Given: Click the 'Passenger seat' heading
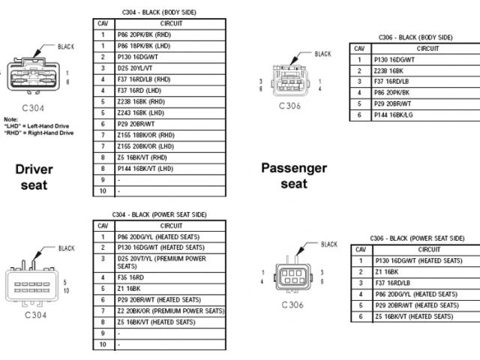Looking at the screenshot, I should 293,175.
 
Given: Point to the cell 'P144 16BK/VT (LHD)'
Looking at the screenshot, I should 146,169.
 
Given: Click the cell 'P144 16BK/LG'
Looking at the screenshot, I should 394,115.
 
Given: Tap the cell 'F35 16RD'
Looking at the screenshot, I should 132,277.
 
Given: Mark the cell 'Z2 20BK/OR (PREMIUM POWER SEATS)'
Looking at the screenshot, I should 170,310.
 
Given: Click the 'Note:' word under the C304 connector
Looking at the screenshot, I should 10,119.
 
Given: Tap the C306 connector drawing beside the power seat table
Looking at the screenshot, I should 292,275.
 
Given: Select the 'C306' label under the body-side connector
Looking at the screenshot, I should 289,106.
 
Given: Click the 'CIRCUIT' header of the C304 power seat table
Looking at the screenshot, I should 170,225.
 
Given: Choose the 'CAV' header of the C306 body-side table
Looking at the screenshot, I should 360,49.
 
